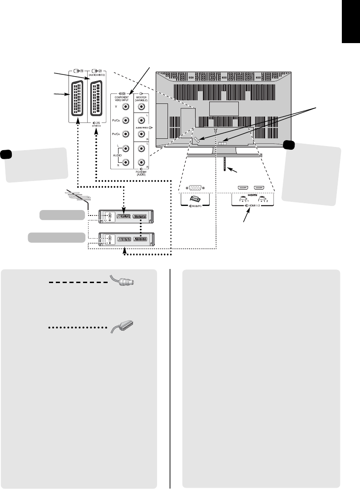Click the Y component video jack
126,108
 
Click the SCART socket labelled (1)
78,98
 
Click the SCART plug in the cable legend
121,328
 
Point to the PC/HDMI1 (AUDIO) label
143,171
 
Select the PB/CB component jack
126,121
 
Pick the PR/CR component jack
126,135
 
